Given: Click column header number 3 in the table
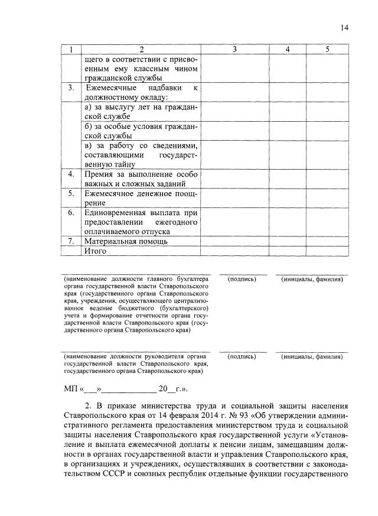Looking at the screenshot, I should [x=234, y=50].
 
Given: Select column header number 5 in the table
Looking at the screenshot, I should [x=327, y=50].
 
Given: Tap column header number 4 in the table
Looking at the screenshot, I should [x=288, y=50].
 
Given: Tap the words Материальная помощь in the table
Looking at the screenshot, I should [x=126, y=241].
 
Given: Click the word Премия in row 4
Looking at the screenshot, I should [x=99, y=174].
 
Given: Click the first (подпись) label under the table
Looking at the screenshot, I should [x=242, y=278].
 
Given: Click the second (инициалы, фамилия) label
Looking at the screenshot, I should [x=312, y=356].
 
